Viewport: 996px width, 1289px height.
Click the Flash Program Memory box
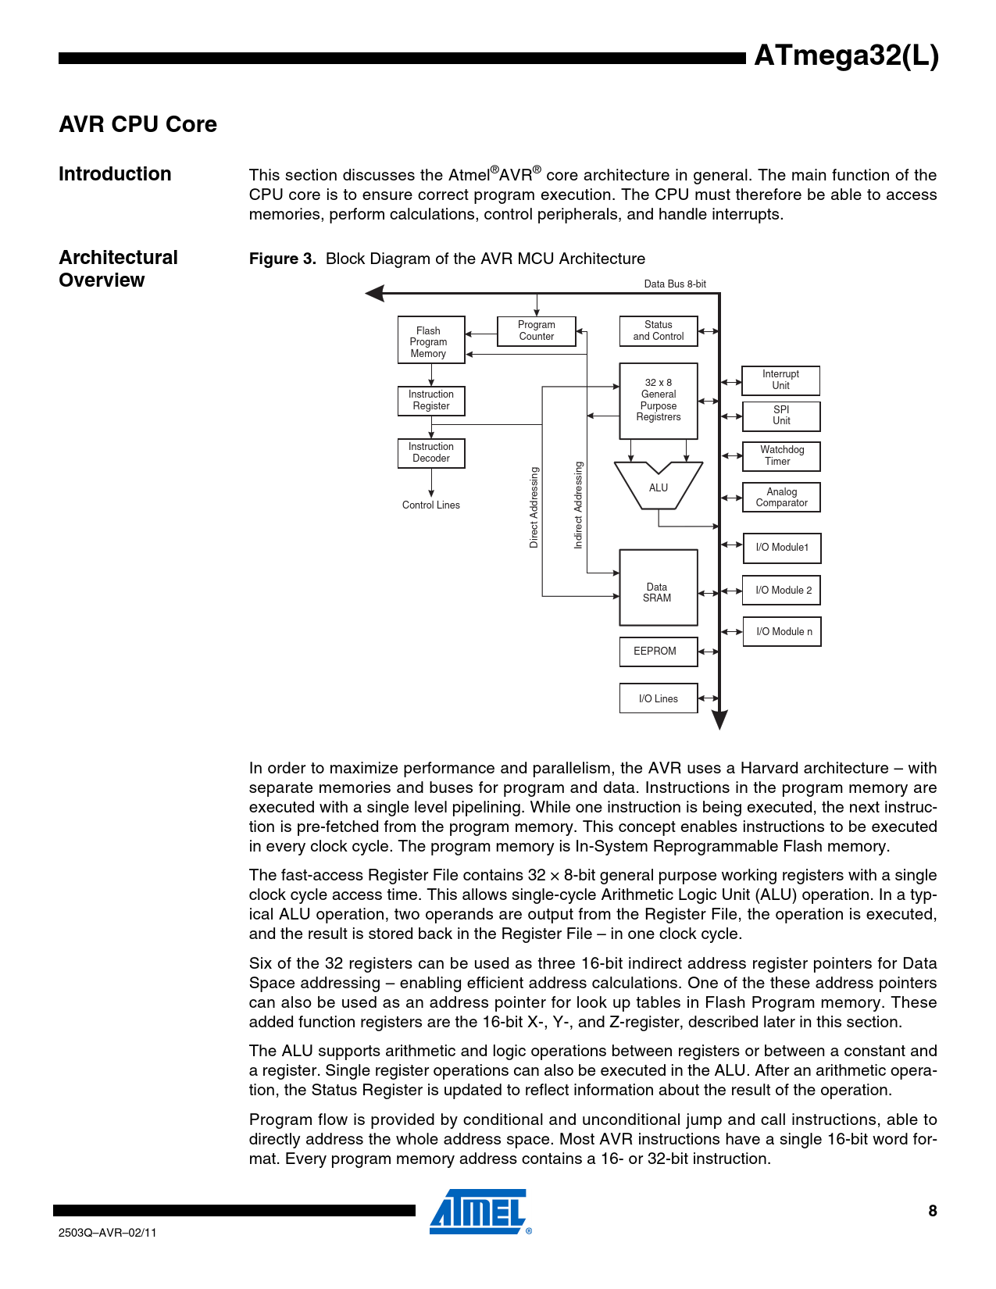pyautogui.click(x=430, y=341)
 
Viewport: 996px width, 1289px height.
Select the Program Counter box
pyautogui.click(x=536, y=330)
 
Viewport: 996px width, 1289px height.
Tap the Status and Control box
pyautogui.click(x=658, y=330)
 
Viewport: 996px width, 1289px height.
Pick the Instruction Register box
pyautogui.click(x=430, y=400)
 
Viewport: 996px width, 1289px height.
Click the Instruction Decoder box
pyautogui.click(x=430, y=452)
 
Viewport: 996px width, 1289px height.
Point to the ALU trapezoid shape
pyautogui.click(x=658, y=487)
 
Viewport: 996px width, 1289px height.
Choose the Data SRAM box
pyautogui.click(x=658, y=587)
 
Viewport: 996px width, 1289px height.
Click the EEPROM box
pyautogui.click(x=658, y=652)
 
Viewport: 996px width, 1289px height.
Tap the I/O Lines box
pyautogui.click(x=658, y=698)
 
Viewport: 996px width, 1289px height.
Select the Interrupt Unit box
pyautogui.click(x=780, y=380)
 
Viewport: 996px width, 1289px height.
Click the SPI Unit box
pyautogui.click(x=780, y=416)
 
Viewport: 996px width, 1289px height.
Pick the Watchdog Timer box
pyautogui.click(x=780, y=455)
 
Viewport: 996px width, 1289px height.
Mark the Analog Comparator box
pyautogui.click(x=780, y=498)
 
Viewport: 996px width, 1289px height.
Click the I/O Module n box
pyautogui.click(x=781, y=632)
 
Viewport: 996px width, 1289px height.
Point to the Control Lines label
pyautogui.click(x=430, y=505)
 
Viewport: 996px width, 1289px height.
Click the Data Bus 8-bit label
pyautogui.click(x=674, y=284)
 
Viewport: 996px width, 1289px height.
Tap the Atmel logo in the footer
pyautogui.click(x=479, y=1212)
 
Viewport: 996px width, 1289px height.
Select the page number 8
pyautogui.click(x=932, y=1211)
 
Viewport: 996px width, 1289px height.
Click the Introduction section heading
pyautogui.click(x=115, y=174)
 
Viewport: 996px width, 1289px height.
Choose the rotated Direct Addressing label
pyautogui.click(x=534, y=507)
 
